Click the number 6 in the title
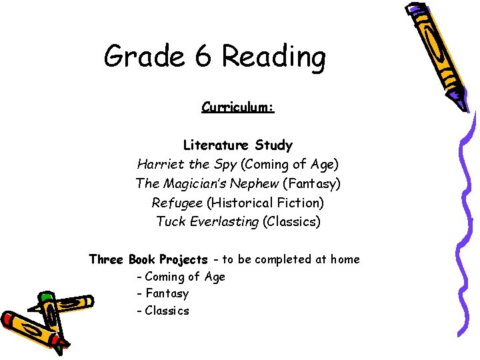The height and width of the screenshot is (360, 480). [204, 57]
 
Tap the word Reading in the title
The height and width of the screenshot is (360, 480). [273, 58]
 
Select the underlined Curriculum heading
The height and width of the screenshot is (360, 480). [238, 107]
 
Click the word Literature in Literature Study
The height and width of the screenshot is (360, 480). [214, 145]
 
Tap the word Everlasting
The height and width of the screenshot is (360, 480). [225, 221]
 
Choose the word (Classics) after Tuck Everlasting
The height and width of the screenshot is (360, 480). [292, 221]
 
